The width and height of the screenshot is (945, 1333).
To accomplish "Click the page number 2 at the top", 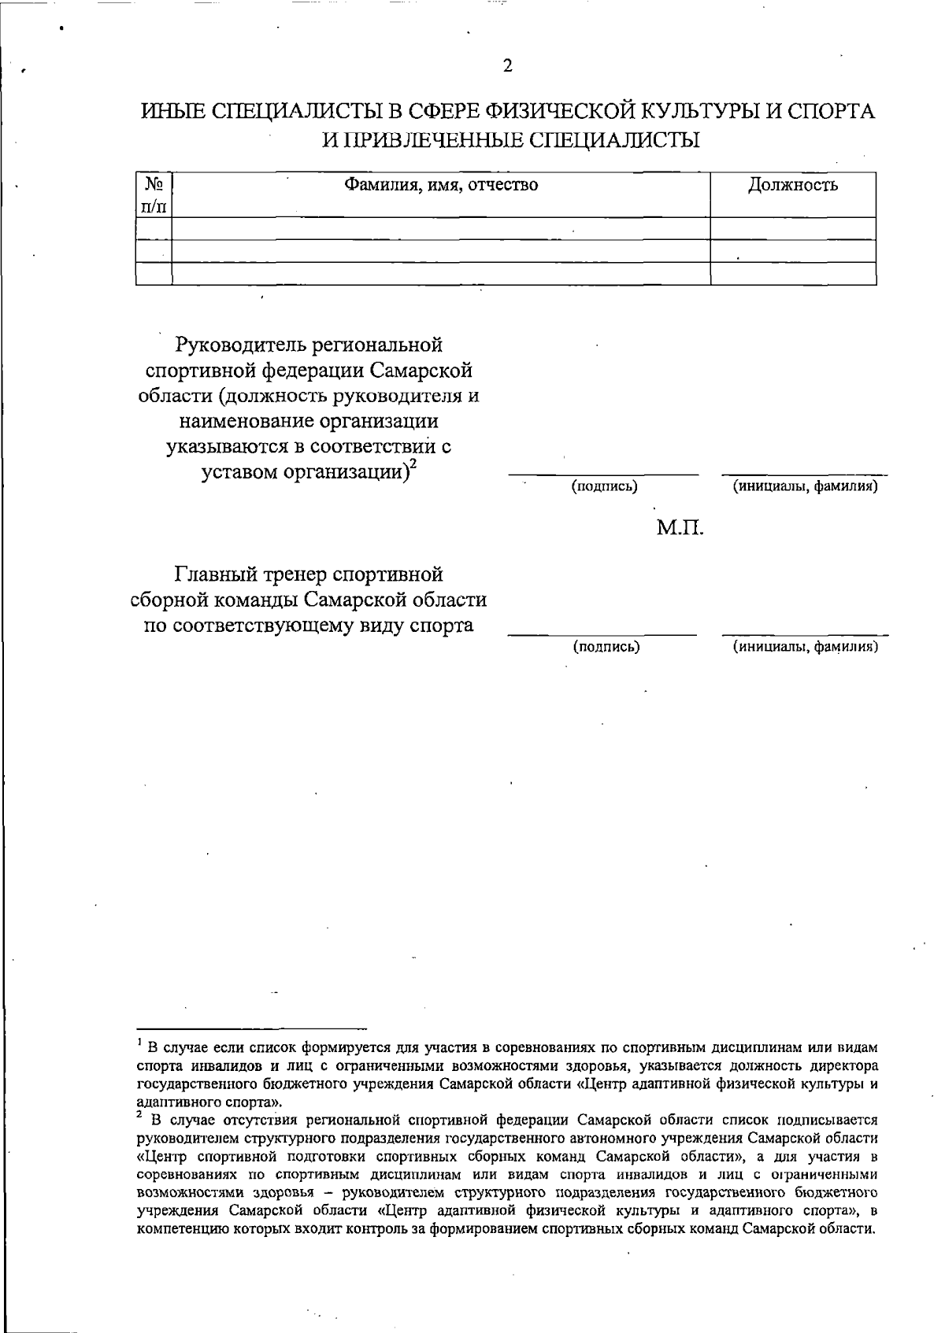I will tap(508, 66).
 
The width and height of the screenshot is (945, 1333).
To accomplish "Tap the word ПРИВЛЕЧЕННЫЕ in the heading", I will tap(427, 141).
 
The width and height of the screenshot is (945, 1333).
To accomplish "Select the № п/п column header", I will tap(154, 194).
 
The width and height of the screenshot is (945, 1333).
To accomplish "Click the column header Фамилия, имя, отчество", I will tap(441, 186).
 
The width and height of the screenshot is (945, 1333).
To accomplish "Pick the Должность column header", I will tap(792, 186).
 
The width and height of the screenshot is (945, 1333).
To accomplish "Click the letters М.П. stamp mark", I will tap(680, 527).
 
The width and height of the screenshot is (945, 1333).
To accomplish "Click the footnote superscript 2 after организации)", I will tap(413, 465).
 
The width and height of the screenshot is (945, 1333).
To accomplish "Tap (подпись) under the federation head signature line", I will tap(604, 486).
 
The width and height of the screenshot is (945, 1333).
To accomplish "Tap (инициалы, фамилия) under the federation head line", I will tap(805, 486).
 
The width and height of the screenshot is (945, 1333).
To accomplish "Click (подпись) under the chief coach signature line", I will tap(605, 647).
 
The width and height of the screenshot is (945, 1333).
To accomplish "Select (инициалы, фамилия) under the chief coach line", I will tap(805, 647).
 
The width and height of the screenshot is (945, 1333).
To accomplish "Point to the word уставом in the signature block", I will tap(235, 473).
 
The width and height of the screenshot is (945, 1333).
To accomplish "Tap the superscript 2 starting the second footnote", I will tap(139, 1114).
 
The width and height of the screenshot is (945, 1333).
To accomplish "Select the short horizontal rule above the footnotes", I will tap(252, 1028).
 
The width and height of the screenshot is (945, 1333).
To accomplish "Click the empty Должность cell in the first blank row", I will tap(792, 229).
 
